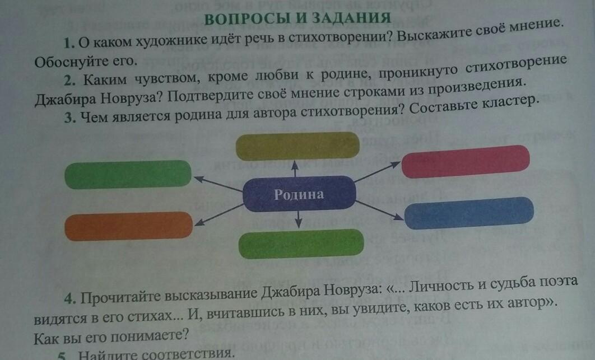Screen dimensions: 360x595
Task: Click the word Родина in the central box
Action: pyautogui.click(x=299, y=195)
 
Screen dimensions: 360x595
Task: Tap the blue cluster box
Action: pyautogui.click(x=468, y=213)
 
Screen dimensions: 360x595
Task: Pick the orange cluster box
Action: pyautogui.click(x=128, y=226)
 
